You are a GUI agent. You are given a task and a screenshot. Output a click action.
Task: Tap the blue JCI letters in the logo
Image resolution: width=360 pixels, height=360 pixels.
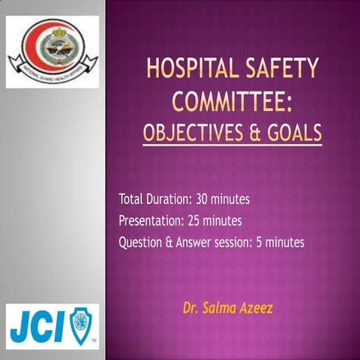click(38, 325)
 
